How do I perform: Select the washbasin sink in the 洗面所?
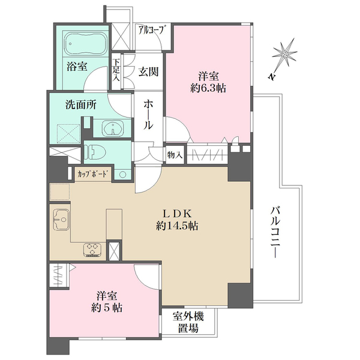[114, 127]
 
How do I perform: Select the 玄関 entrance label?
[148, 72]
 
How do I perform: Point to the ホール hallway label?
[148, 114]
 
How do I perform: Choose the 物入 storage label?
[174, 155]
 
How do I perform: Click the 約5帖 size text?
[108, 308]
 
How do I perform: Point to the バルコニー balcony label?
[275, 232]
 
